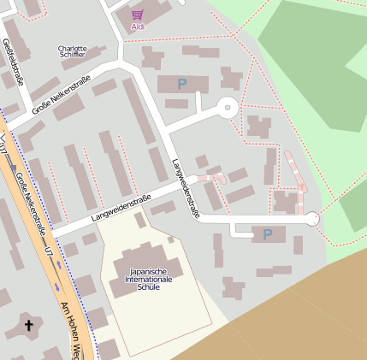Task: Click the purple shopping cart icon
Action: point(138,15)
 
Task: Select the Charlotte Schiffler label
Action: point(73,50)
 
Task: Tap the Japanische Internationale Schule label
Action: point(143,279)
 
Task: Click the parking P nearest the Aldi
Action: point(181,84)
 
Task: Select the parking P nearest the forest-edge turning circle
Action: point(267,233)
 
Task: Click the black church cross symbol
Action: point(28,326)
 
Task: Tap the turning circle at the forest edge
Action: point(312,219)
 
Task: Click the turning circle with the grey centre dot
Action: point(227,107)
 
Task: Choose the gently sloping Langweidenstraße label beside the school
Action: point(121,209)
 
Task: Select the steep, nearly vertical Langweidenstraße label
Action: point(186,188)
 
